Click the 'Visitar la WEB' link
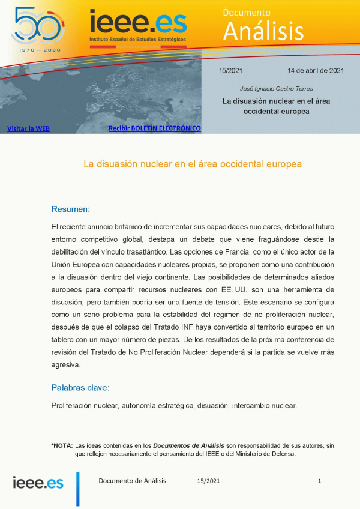tap(28, 128)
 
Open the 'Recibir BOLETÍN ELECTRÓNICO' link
tap(154, 128)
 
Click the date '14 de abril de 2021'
tap(315, 70)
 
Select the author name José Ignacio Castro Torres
tap(276, 88)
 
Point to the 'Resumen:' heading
tap(70, 209)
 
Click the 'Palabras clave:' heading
tap(80, 387)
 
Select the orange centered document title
tap(192, 163)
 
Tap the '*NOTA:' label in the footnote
tap(62, 445)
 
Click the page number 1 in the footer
tap(320, 481)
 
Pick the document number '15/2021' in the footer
tap(208, 481)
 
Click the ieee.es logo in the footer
tap(38, 482)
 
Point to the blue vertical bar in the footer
tap(77, 488)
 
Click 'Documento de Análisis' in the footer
tap(132, 481)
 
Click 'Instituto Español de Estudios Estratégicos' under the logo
tap(137, 38)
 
